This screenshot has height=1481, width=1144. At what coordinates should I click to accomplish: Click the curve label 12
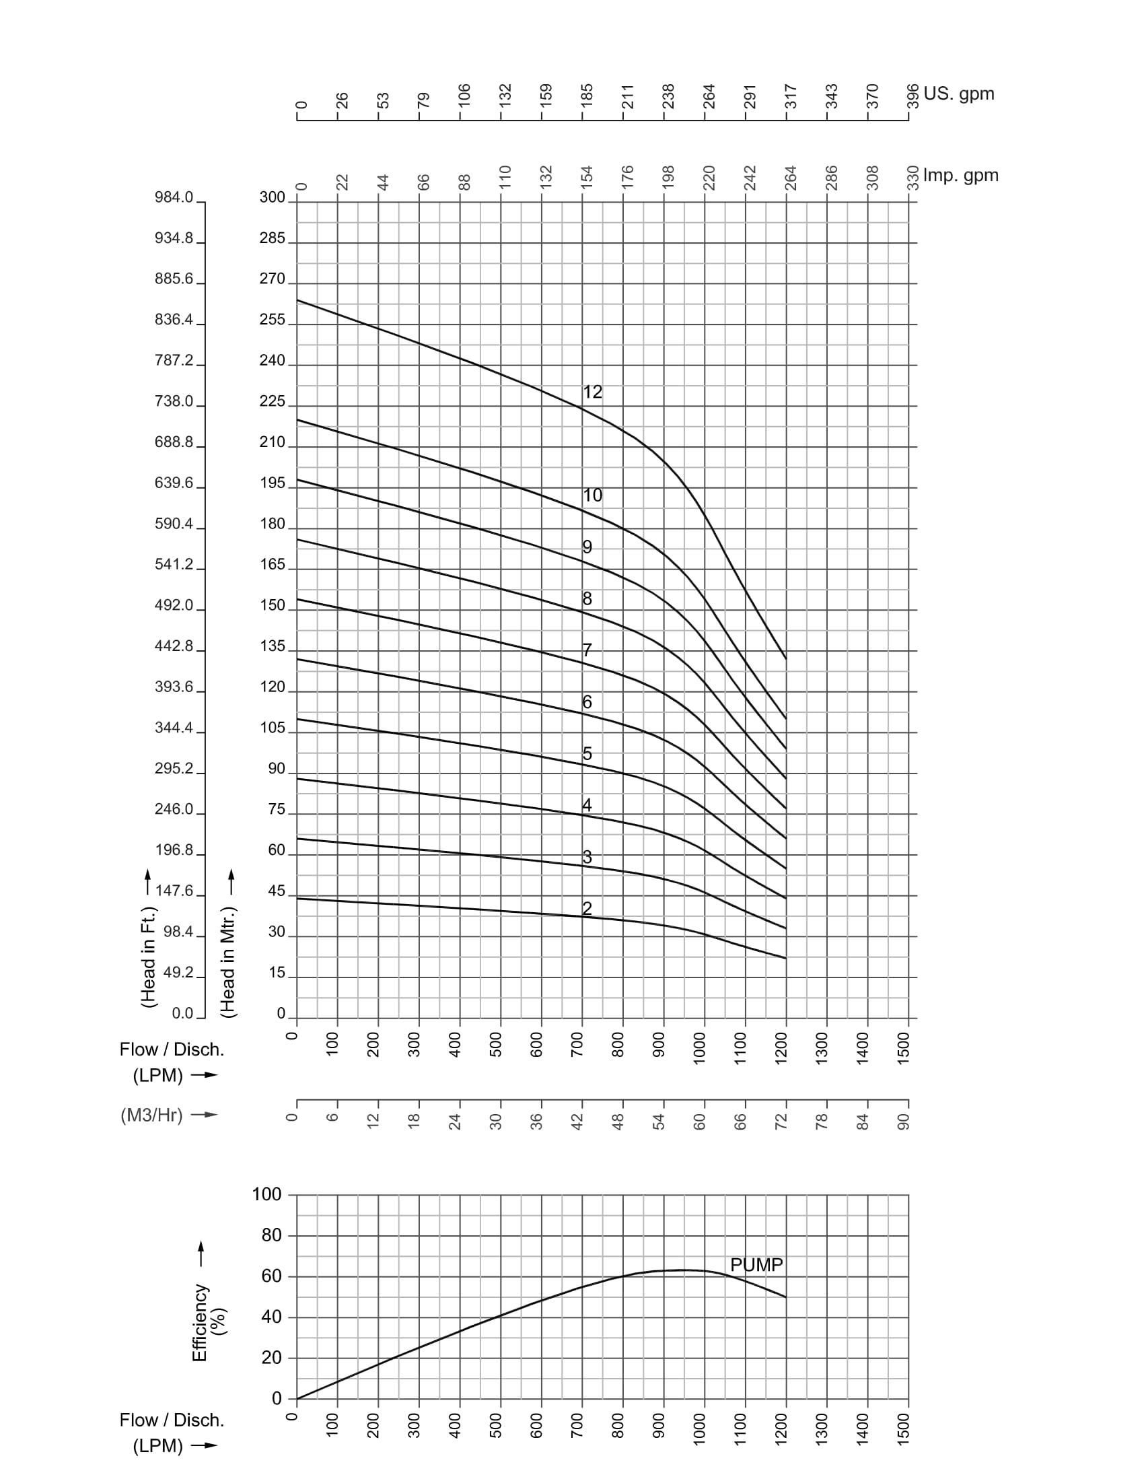point(592,392)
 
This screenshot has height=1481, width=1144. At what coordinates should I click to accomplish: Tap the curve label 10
point(592,495)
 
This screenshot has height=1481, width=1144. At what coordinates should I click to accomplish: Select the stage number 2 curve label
point(587,908)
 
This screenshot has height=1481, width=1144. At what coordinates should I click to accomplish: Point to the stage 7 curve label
point(587,650)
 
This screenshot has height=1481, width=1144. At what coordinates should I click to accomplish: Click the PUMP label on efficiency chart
point(756,1265)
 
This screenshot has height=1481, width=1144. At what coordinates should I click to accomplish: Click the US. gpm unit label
point(959,94)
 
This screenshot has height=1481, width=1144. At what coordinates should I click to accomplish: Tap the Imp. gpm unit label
point(961,176)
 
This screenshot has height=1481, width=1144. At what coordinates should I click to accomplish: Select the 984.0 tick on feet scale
point(174,197)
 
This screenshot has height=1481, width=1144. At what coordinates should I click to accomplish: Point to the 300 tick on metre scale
point(273,197)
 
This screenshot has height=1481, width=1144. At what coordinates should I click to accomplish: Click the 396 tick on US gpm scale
point(913,96)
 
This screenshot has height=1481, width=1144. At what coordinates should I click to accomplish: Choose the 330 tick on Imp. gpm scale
point(913,178)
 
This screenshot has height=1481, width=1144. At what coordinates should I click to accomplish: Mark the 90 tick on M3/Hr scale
point(903,1122)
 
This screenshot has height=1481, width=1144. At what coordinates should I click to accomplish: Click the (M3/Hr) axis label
point(152,1115)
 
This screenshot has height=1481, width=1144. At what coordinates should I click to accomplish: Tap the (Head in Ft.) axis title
point(149,957)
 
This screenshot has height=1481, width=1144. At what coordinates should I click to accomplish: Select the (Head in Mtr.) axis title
point(228,961)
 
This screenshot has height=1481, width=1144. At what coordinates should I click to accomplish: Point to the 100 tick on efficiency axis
point(267,1194)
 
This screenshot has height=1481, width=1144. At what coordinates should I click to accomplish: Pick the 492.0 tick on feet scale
point(174,605)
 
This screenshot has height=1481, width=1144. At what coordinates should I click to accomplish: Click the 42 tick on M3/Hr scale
point(577,1122)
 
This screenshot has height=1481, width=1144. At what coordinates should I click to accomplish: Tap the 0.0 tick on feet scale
point(183,1013)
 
